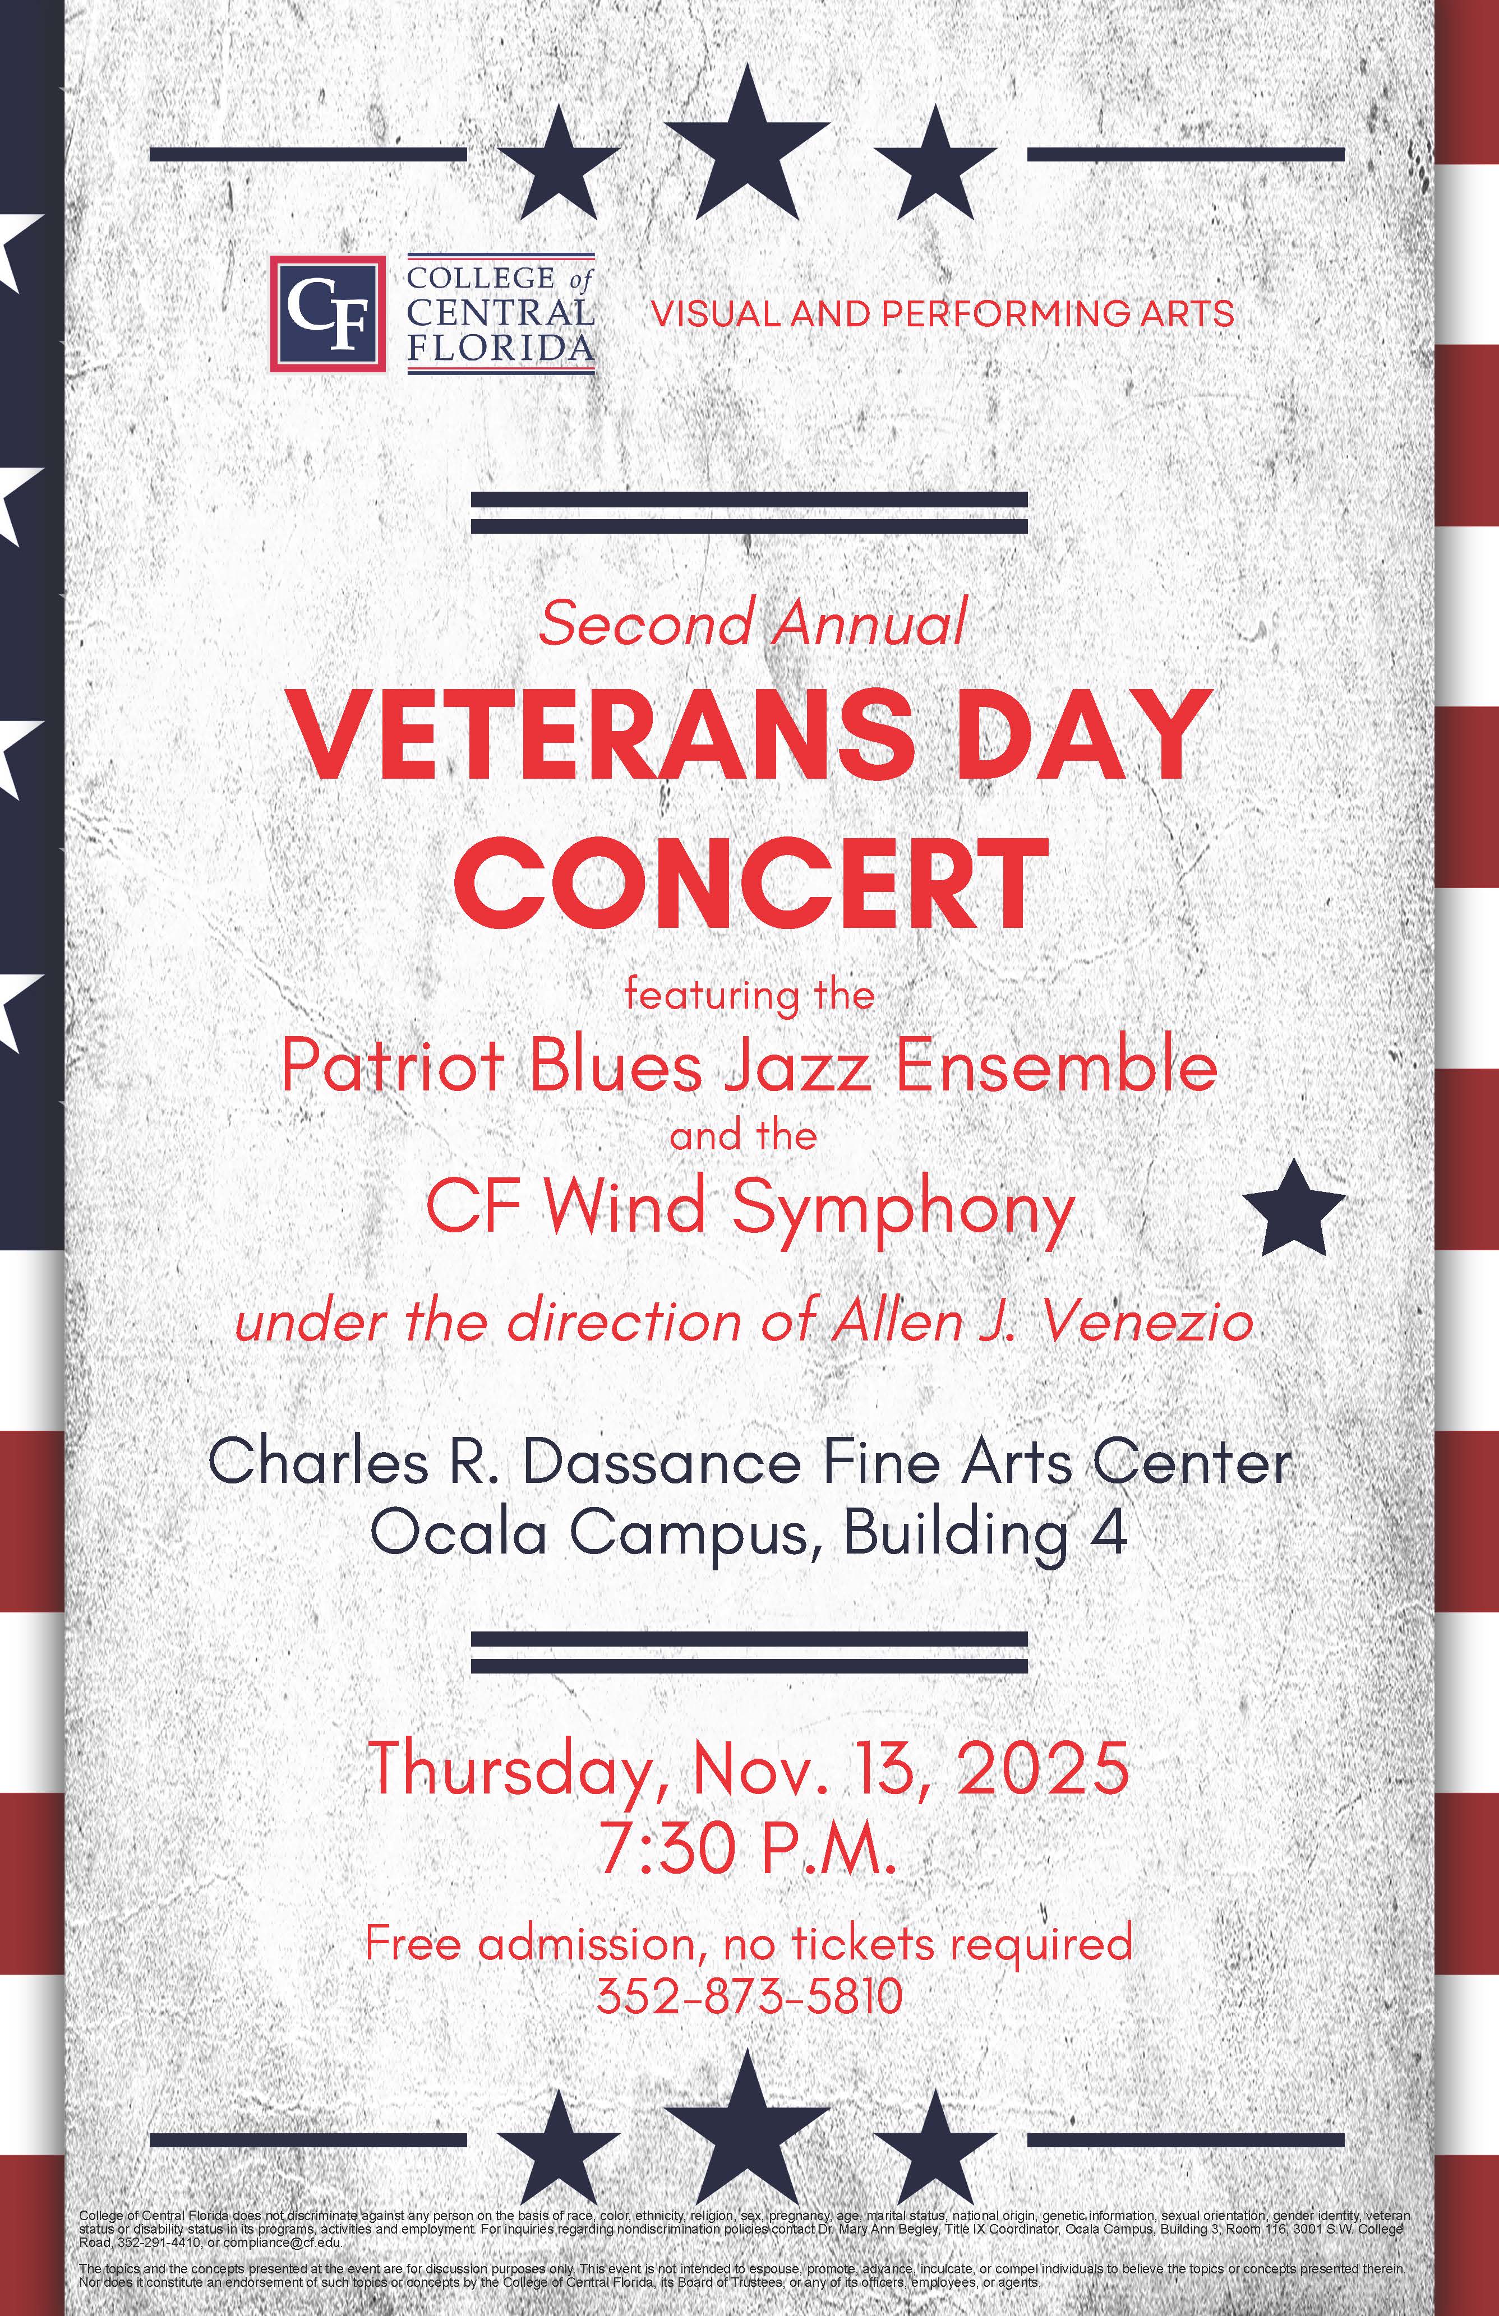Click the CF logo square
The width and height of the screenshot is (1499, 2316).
point(327,313)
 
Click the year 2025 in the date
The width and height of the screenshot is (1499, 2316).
point(1043,1766)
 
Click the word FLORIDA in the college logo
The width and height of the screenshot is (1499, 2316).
point(500,348)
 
